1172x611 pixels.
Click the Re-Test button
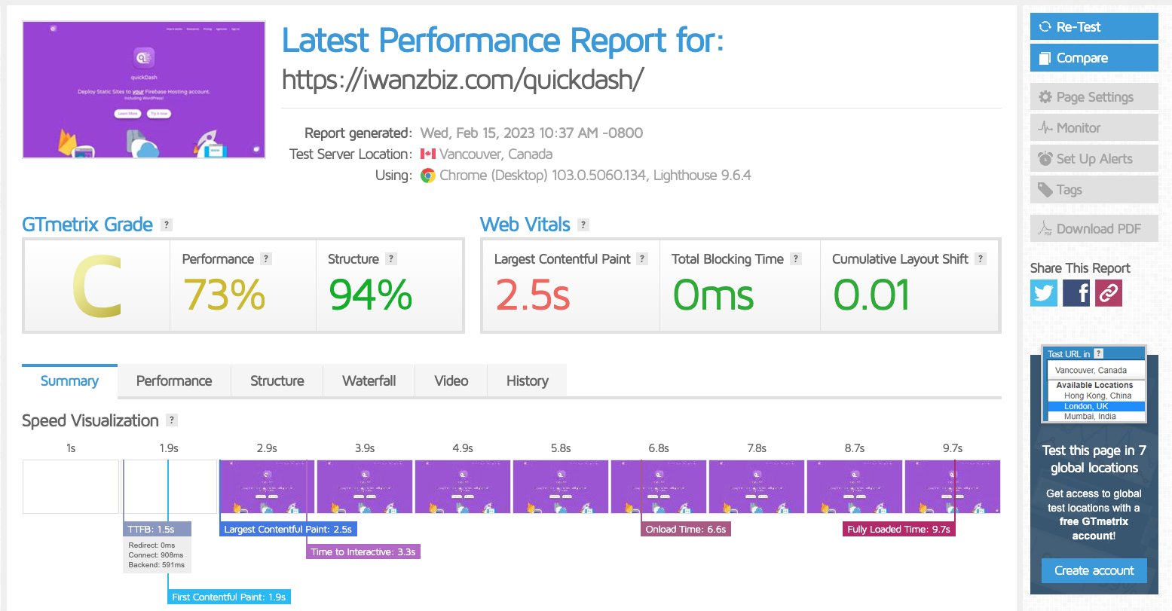(x=1093, y=27)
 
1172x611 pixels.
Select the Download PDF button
(x=1093, y=229)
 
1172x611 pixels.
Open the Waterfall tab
(x=369, y=381)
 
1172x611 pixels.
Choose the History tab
(x=527, y=381)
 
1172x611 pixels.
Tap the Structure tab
(x=277, y=381)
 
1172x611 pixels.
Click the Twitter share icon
(x=1044, y=293)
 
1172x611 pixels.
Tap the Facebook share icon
(x=1076, y=293)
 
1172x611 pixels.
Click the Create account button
(x=1094, y=570)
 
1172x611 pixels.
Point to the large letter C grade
(x=96, y=287)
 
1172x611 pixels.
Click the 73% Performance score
(x=224, y=295)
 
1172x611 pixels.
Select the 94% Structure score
(x=370, y=295)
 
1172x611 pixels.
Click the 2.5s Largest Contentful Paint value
(x=532, y=295)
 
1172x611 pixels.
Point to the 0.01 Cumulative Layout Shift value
(x=871, y=295)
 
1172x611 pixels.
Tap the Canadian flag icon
(x=427, y=154)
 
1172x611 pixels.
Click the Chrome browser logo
(x=427, y=176)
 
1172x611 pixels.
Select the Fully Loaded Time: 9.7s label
(x=898, y=530)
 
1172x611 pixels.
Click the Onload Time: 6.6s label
(x=685, y=530)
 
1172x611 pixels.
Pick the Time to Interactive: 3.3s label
(x=363, y=552)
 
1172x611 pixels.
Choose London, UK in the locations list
(x=1086, y=406)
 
